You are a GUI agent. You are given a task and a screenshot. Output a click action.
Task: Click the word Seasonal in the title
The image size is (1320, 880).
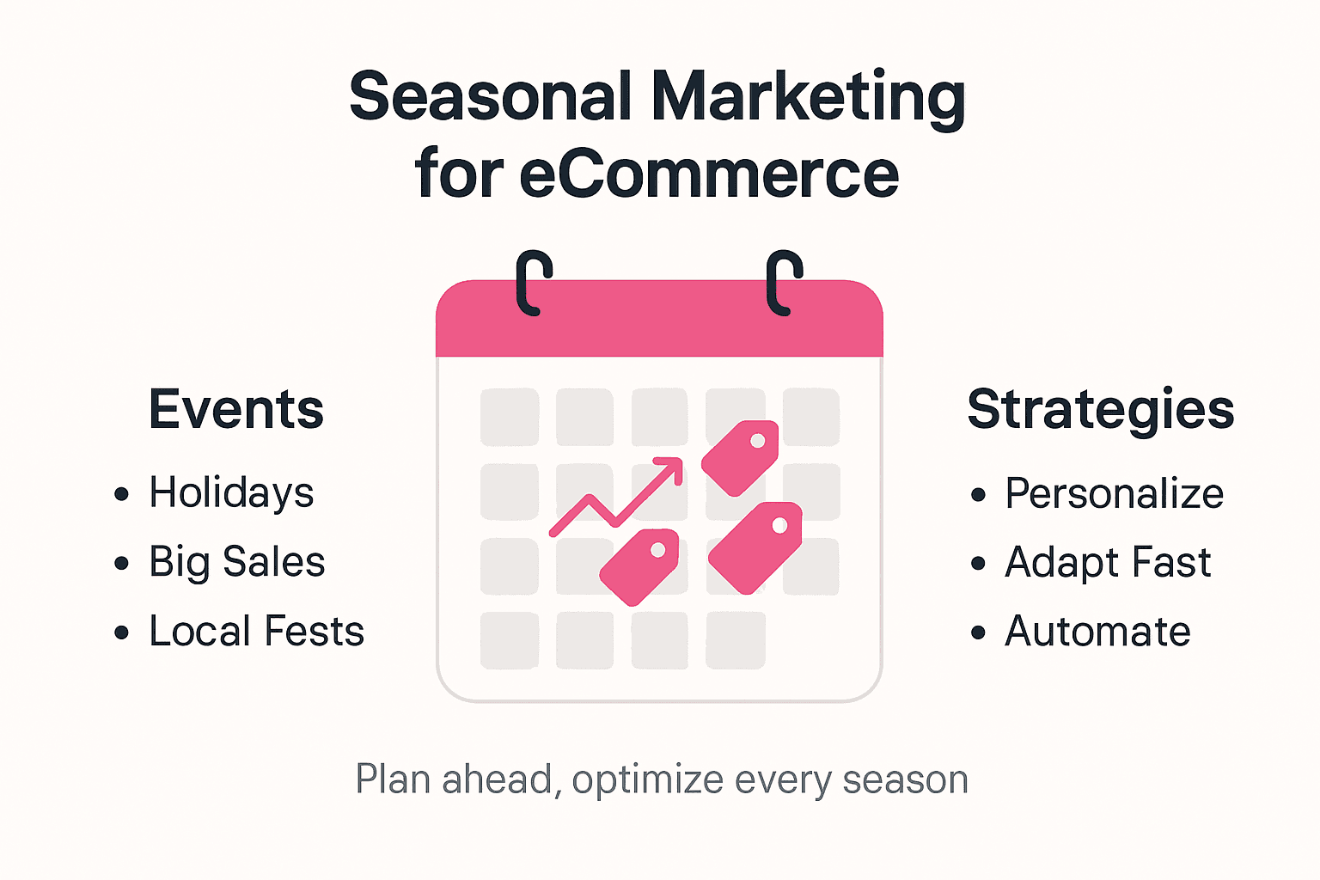[x=491, y=97]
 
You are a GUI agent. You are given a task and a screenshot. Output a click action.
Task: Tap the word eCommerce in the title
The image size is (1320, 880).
[x=709, y=174]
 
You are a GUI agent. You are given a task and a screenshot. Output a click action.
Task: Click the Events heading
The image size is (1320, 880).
[x=236, y=409]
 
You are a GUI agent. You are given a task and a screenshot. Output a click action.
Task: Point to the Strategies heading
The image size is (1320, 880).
[x=1100, y=409]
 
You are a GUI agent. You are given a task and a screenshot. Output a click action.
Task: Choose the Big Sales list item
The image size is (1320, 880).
[x=237, y=563]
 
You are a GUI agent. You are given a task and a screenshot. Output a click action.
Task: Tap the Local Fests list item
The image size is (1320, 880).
[x=256, y=632]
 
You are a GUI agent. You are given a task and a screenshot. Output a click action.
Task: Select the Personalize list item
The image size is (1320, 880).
[x=1114, y=494]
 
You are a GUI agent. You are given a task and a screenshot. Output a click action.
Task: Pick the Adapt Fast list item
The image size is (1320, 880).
[x=1108, y=563]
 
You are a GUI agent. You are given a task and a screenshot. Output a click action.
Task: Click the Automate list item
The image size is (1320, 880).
[x=1097, y=632]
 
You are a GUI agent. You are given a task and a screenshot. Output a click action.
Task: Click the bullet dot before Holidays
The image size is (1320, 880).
[x=121, y=494]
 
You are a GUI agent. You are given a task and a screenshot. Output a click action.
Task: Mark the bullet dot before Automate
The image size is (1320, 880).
[x=978, y=633]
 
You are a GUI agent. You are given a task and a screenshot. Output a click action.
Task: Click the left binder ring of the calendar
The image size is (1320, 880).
[x=532, y=284]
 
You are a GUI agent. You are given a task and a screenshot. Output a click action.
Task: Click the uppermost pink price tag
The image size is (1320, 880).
[x=742, y=457]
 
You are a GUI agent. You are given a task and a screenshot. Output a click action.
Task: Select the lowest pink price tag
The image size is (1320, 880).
[x=640, y=566]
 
